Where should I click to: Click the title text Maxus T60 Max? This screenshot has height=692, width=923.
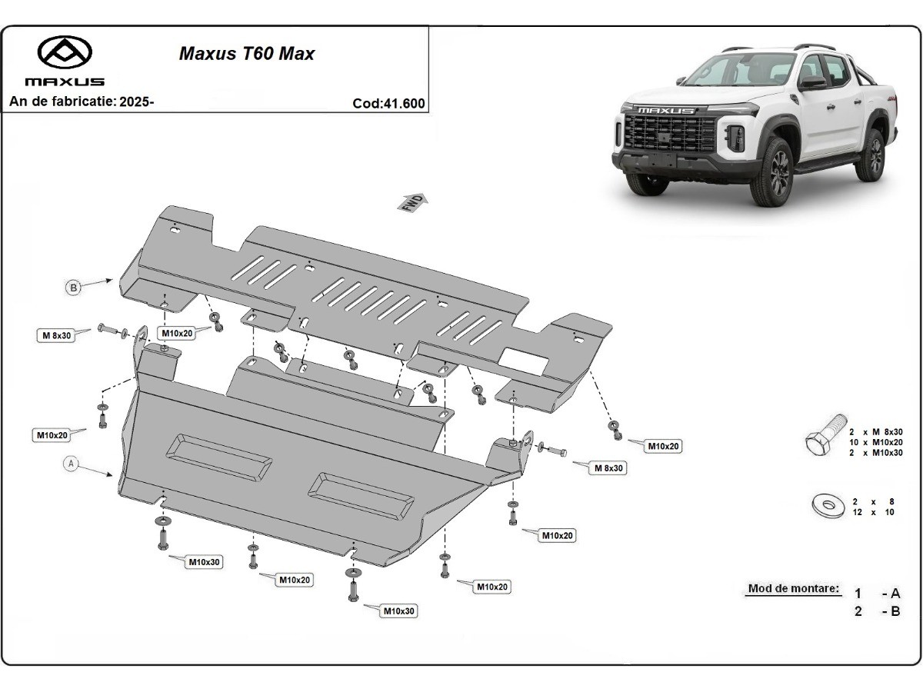246,54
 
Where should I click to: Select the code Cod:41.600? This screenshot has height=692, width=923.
388,104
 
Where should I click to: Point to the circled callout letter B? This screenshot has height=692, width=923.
73,288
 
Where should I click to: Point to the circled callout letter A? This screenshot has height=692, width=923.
71,464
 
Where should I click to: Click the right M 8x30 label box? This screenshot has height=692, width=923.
605,467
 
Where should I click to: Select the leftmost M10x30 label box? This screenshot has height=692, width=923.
205,562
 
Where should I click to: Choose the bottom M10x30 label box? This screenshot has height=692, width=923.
400,611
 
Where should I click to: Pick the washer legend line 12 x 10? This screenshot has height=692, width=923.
873,512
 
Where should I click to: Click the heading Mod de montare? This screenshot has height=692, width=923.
793,589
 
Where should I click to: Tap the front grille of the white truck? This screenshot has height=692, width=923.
665,135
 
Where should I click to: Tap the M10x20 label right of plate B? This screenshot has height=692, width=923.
663,446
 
